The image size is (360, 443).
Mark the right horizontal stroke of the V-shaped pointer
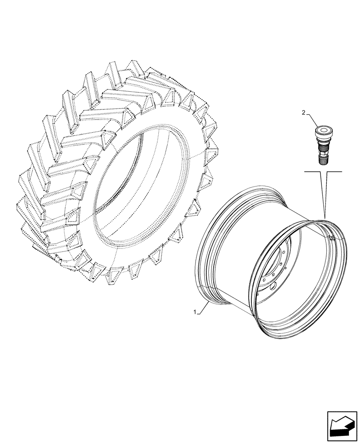[x=335, y=171]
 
